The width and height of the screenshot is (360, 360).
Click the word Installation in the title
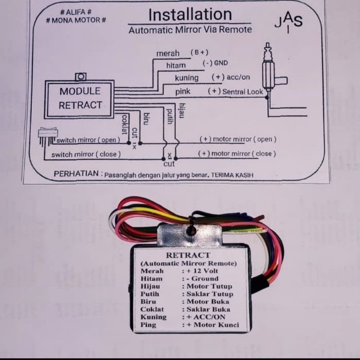(190, 15)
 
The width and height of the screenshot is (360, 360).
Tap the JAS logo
(288, 22)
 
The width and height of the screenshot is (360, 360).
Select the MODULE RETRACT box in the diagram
(80, 99)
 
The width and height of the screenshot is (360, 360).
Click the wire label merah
(168, 53)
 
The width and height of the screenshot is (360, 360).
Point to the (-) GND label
(216, 63)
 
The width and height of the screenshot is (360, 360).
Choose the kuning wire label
(187, 78)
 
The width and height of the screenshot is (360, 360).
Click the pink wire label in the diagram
(183, 92)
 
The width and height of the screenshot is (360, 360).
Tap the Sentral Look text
(243, 92)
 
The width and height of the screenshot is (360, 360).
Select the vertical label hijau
(182, 111)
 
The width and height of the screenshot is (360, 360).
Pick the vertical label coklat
(124, 124)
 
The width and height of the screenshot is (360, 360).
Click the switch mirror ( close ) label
(86, 154)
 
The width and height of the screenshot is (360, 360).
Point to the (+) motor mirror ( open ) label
(238, 139)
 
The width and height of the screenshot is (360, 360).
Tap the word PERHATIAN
(76, 174)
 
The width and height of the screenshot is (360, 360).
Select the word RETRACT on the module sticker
(188, 255)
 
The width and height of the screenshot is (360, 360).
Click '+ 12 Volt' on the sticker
(202, 271)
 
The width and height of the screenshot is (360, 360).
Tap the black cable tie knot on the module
(191, 229)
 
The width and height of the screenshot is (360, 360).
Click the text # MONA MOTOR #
(76, 20)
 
